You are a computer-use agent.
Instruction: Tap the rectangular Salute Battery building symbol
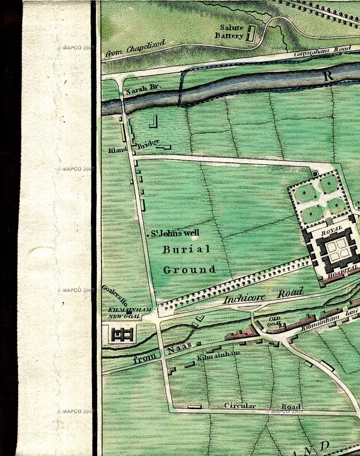point(250,33)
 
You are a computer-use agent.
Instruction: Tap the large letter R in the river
point(328,75)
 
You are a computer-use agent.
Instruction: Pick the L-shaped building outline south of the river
point(153,122)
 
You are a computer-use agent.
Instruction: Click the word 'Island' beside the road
point(117,150)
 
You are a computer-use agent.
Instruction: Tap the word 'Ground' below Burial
point(189,270)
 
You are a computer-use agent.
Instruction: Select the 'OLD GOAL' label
point(275,321)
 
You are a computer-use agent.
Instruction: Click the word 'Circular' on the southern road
point(240,406)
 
